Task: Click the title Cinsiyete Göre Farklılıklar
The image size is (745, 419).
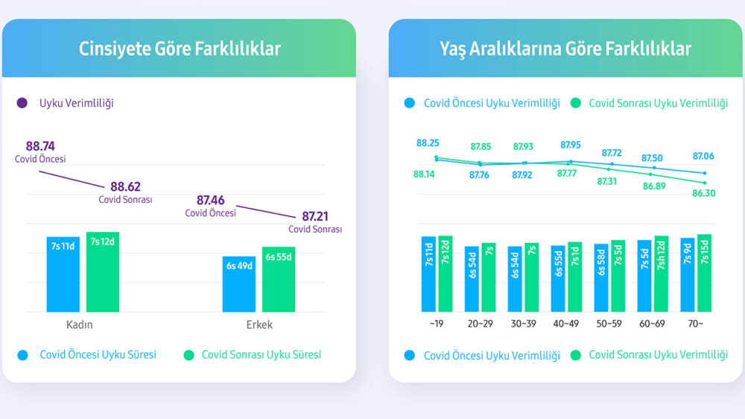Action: click(x=180, y=49)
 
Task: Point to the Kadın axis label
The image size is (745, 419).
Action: click(x=80, y=325)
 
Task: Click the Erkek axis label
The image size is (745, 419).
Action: click(x=259, y=325)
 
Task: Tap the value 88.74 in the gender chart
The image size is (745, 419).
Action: click(x=40, y=146)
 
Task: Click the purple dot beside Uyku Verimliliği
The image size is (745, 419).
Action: click(x=22, y=103)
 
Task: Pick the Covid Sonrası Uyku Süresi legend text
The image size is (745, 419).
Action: click(x=261, y=355)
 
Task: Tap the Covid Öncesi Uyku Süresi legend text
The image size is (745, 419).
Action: click(x=98, y=355)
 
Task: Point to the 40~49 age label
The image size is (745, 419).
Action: click(x=566, y=324)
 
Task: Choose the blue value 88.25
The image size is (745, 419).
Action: click(x=428, y=143)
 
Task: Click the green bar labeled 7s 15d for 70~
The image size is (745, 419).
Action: click(x=704, y=273)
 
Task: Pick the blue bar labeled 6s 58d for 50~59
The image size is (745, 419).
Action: click(x=600, y=277)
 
